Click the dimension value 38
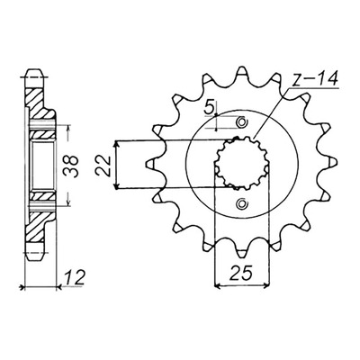coord(71,166)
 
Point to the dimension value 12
coord(74,277)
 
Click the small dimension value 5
coord(210,108)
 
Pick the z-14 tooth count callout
coord(315,79)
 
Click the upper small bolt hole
coord(241,122)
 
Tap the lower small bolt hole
coord(241,204)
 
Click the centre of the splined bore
coord(242,164)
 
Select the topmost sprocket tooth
coord(241,72)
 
